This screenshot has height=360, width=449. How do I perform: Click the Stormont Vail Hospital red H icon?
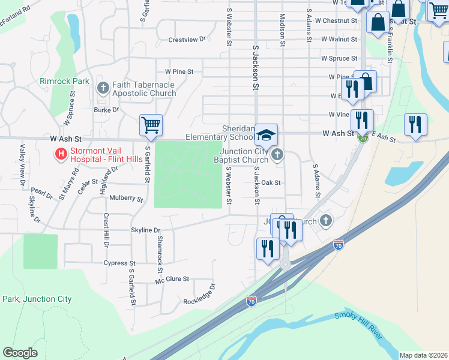pos(61,154)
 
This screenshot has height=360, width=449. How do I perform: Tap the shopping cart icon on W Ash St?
pos(151,125)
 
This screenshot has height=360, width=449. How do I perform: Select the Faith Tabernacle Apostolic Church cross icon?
pos(103,88)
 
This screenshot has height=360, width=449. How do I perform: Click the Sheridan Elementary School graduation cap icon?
pos(266,134)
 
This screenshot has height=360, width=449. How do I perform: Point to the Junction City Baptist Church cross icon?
pos(277,155)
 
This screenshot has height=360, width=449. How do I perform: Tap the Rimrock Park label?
pos(64,81)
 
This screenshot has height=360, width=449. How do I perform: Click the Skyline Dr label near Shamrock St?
pos(146,230)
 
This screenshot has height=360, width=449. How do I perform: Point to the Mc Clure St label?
pos(172,279)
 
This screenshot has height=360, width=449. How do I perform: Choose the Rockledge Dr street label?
pos(199,294)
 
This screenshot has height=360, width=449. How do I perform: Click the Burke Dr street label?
pos(106,110)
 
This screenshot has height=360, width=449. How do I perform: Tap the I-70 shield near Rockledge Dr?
pos(252,301)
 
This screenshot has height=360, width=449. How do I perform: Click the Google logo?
pos(20,353)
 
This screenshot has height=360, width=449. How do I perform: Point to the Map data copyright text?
pos(424,355)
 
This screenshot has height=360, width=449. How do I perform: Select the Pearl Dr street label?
pos(42,194)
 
